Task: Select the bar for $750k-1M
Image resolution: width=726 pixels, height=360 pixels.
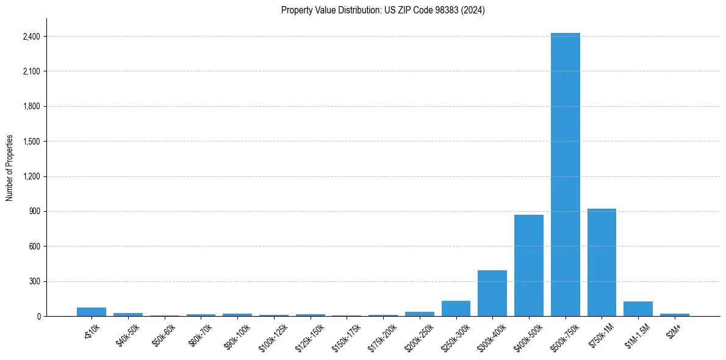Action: click(602, 262)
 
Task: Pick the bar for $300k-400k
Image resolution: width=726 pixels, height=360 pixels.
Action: click(492, 293)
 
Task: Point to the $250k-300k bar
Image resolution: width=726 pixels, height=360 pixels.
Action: click(456, 309)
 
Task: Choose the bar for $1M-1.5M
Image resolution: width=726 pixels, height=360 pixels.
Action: click(638, 309)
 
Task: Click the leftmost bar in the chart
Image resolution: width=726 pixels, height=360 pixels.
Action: click(92, 312)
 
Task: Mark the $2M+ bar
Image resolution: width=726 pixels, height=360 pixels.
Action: click(674, 315)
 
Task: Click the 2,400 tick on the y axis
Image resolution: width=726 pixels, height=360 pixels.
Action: click(31, 37)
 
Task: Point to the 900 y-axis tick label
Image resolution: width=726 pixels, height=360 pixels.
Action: click(34, 212)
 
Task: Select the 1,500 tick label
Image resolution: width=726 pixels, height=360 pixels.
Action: click(31, 142)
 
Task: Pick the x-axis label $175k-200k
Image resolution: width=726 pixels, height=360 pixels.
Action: click(381, 336)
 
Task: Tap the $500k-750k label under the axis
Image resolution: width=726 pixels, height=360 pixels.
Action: click(564, 336)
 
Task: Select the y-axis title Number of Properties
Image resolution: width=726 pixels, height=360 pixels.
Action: click(10, 168)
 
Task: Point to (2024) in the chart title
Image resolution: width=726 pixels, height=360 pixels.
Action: click(474, 10)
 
